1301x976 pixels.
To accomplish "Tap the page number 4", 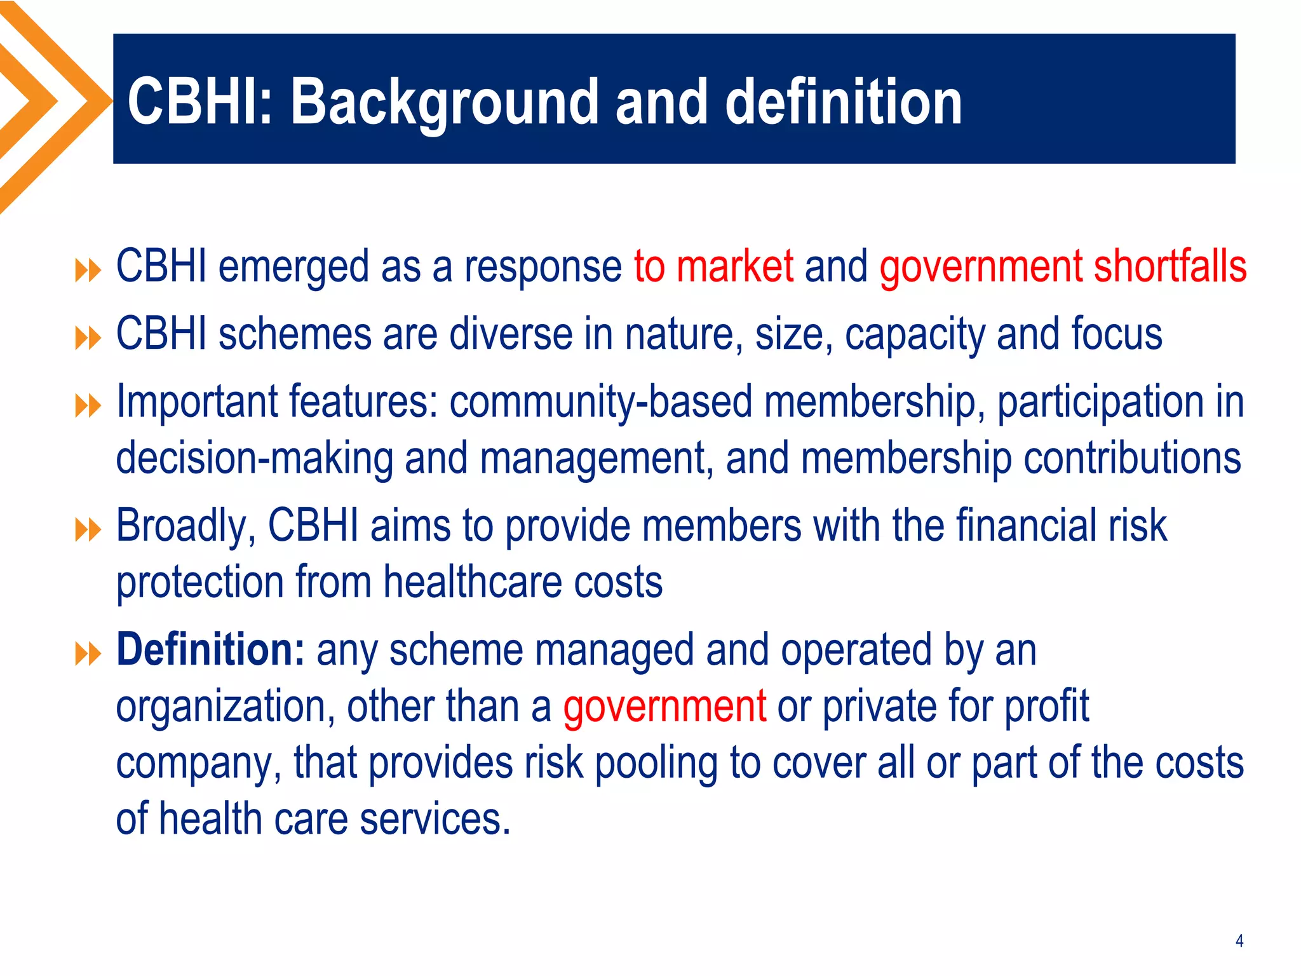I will [x=1239, y=940].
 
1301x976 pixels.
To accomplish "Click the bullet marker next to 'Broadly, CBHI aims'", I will [x=88, y=529].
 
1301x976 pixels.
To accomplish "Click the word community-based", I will [x=601, y=402].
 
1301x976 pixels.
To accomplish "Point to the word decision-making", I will [x=254, y=459].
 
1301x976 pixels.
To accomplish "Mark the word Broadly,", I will [x=185, y=526].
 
